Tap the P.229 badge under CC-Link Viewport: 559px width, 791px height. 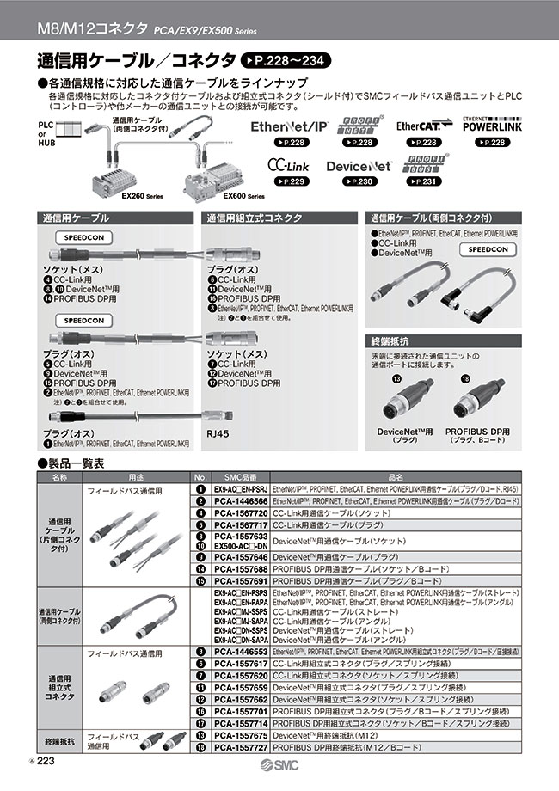click(288, 182)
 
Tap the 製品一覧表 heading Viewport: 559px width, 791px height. click(76, 463)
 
